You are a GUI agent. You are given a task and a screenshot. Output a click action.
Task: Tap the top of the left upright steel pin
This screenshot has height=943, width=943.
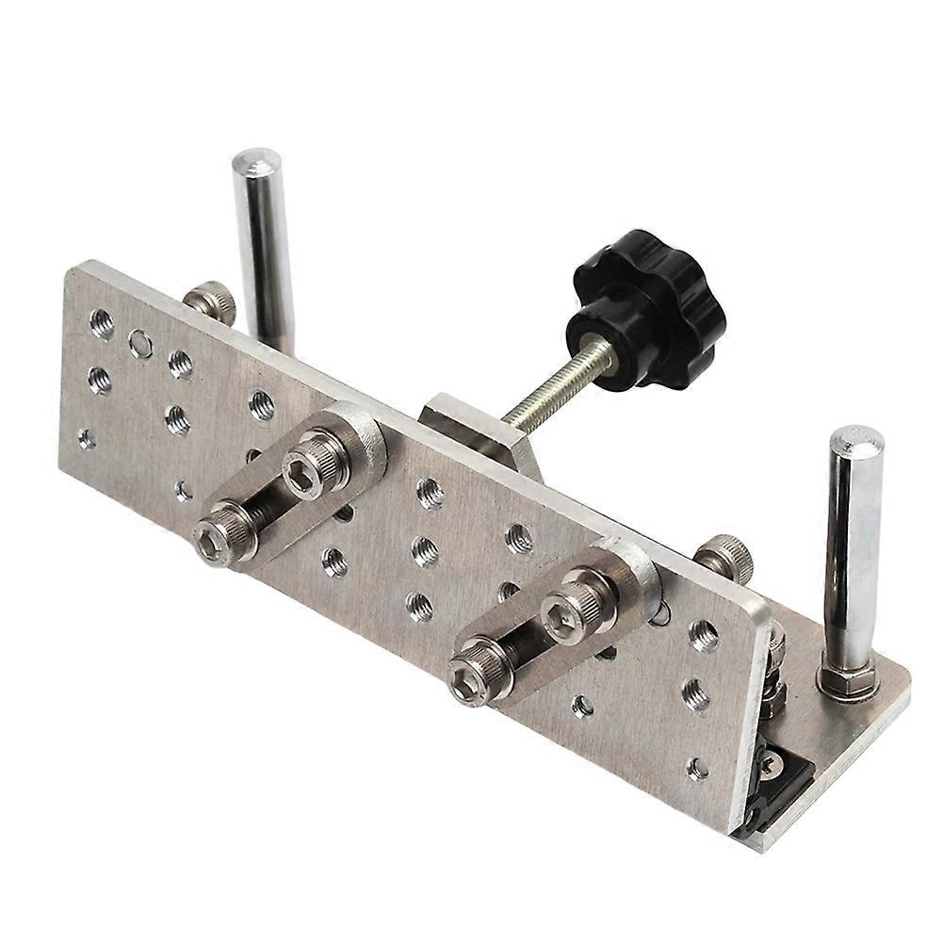coord(252,160)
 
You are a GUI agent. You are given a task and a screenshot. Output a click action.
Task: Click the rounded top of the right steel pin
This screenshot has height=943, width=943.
coord(855,442)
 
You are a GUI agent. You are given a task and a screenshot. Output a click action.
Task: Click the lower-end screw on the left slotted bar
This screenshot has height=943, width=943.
coord(217,536)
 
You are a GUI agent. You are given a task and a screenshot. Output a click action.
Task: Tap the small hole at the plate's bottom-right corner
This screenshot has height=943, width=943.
coord(697,769)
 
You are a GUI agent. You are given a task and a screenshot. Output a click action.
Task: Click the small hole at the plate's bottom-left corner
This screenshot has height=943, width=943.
coord(87,437)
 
